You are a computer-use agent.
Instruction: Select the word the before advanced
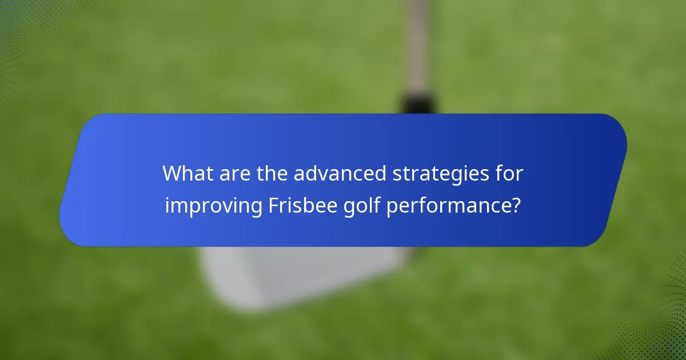click(272, 174)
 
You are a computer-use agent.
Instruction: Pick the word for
click(508, 174)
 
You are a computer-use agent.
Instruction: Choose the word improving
click(214, 206)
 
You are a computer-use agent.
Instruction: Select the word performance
click(446, 206)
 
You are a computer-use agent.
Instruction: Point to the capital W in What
click(173, 174)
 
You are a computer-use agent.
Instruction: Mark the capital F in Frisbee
click(273, 206)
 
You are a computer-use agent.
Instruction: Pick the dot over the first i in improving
click(167, 196)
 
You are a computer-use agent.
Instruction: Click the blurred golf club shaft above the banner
click(417, 46)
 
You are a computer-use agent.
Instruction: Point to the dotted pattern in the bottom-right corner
click(663, 337)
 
